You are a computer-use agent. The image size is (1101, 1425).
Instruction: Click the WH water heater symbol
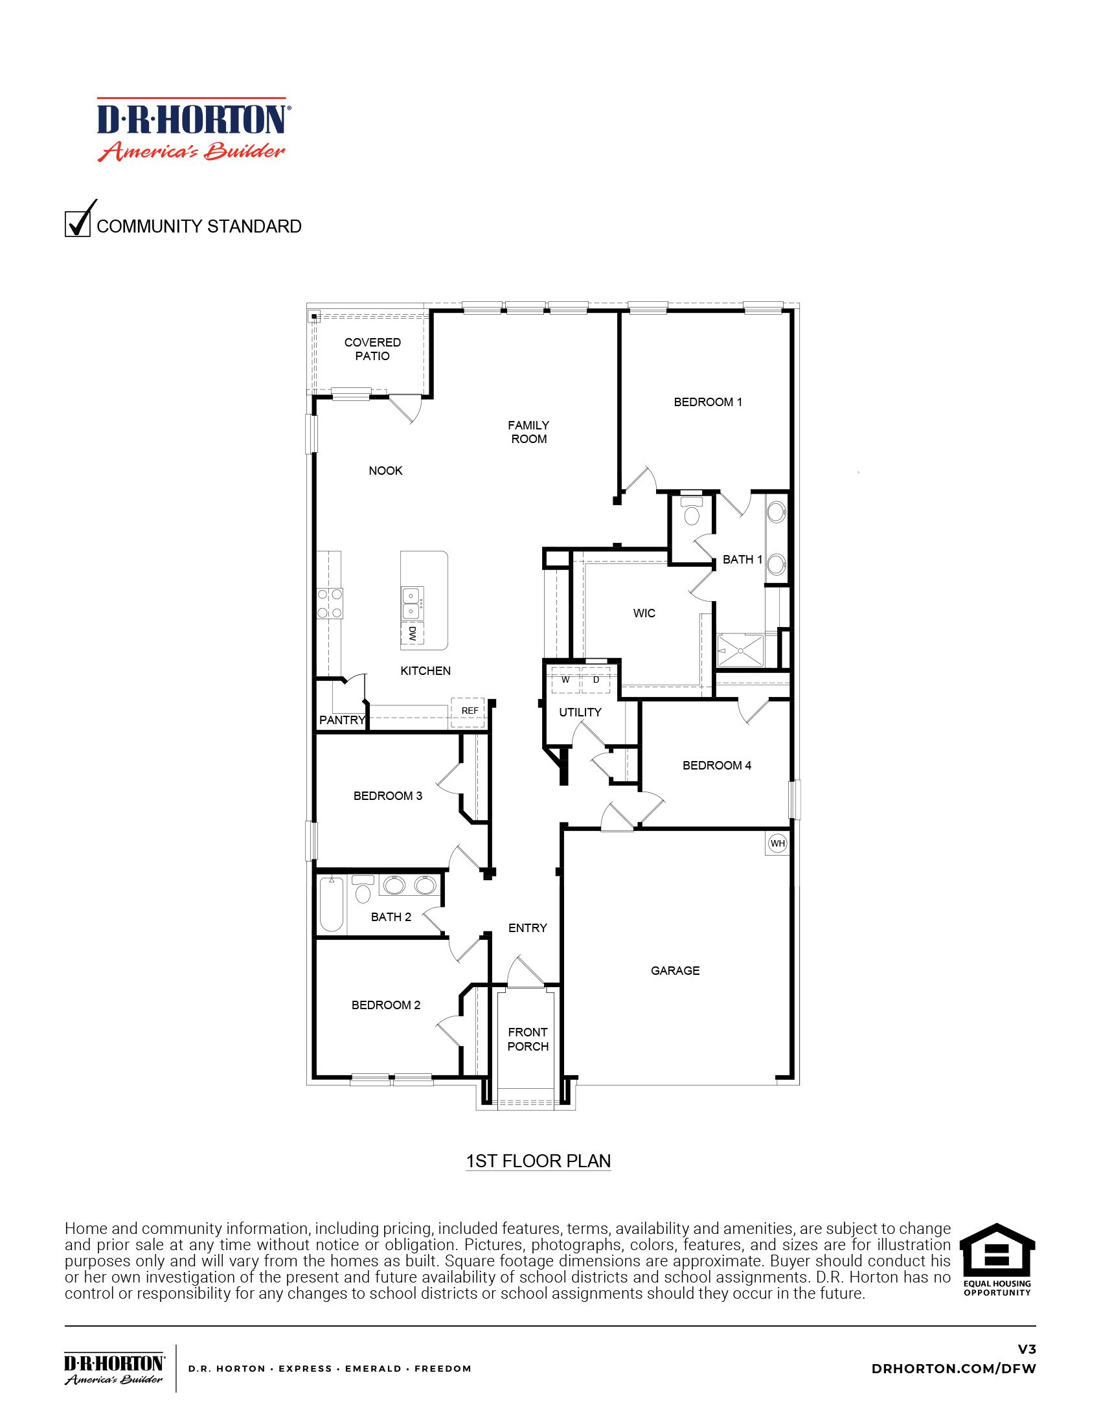(x=777, y=843)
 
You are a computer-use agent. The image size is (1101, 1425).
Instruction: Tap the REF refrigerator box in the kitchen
(x=470, y=711)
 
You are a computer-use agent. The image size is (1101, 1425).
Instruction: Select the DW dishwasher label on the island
(x=412, y=633)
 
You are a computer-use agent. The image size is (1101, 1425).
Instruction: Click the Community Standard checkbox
(x=78, y=224)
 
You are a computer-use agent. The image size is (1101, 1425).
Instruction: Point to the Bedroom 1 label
(x=708, y=402)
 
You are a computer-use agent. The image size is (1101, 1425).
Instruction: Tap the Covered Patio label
(x=372, y=349)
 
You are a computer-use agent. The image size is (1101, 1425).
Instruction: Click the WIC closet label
(x=644, y=613)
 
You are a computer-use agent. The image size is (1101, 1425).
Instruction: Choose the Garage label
(x=675, y=970)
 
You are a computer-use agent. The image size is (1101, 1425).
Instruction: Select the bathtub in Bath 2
(x=332, y=904)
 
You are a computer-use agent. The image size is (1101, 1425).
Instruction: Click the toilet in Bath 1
(x=692, y=512)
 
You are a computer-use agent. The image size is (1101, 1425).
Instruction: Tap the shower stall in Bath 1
(x=740, y=650)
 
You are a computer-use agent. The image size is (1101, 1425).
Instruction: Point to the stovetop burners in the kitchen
(x=330, y=604)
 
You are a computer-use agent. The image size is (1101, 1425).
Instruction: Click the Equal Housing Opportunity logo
(x=997, y=1260)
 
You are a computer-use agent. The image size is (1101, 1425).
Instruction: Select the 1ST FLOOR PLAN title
(x=538, y=1161)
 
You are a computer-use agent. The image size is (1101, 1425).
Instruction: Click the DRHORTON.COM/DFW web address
(x=953, y=1369)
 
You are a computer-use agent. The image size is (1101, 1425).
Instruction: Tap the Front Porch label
(x=528, y=1039)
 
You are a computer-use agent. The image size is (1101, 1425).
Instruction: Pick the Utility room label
(x=580, y=712)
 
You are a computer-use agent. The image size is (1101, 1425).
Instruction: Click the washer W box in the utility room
(x=565, y=680)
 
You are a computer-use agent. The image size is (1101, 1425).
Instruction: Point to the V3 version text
(x=1027, y=1349)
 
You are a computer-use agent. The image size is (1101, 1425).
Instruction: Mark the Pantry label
(x=342, y=720)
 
